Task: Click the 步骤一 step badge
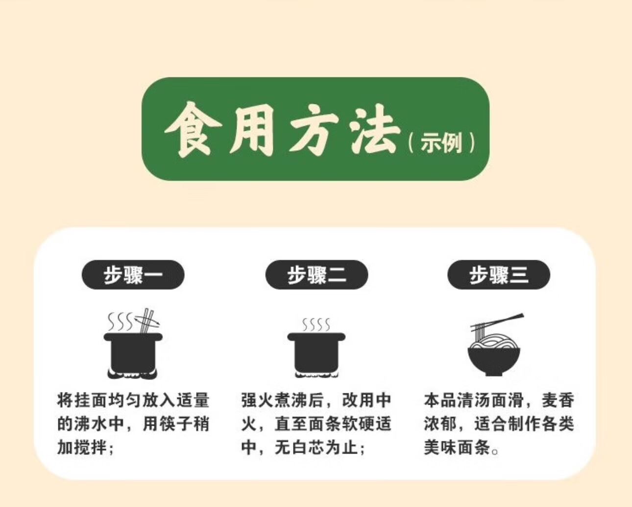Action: tap(133, 275)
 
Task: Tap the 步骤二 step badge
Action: tap(316, 275)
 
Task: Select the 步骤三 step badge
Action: tap(499, 275)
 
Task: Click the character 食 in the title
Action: tap(193, 129)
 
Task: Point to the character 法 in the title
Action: tap(375, 129)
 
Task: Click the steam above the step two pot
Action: tap(316, 324)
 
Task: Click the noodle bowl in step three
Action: tap(494, 362)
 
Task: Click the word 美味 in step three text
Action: tap(440, 447)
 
